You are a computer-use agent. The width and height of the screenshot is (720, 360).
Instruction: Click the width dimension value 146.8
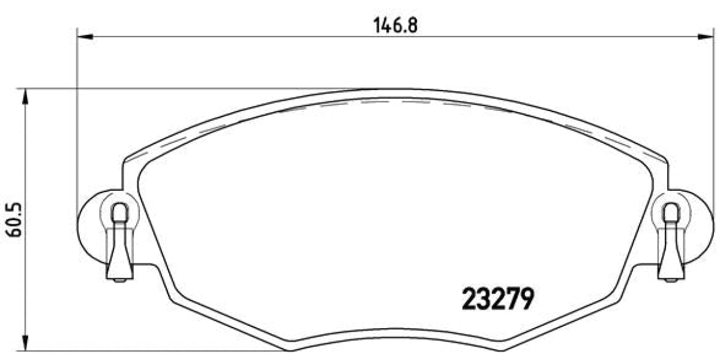click(x=395, y=25)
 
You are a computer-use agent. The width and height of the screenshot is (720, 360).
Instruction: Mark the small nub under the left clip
click(x=120, y=280)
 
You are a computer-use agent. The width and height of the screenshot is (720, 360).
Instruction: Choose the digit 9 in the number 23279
click(x=526, y=298)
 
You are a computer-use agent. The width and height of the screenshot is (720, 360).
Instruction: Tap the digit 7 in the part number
click(x=511, y=298)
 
